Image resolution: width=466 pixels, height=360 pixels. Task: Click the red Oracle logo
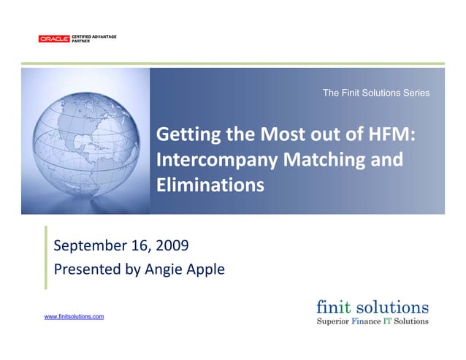tap(54, 39)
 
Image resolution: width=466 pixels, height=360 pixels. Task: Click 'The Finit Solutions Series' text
tap(375, 93)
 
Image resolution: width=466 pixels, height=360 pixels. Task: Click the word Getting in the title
tap(185, 135)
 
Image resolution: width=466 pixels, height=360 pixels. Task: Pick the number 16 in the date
tap(139, 245)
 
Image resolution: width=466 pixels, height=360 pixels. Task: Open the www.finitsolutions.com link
tap(74, 316)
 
